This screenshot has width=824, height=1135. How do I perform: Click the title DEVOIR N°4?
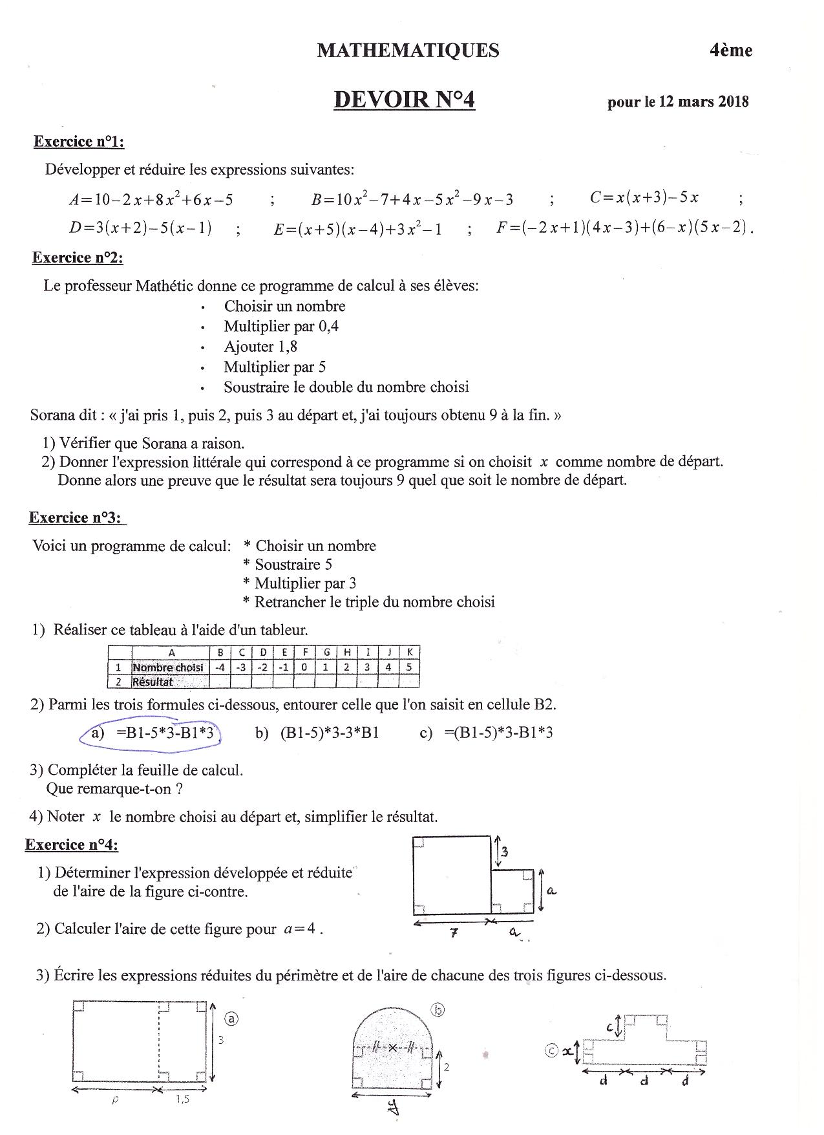(405, 100)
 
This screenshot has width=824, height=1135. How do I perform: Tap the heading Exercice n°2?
(78, 258)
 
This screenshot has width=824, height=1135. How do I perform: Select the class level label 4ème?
(731, 50)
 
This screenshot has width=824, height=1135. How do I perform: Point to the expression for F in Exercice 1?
(624, 228)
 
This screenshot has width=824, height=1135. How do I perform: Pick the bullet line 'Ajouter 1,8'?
(260, 347)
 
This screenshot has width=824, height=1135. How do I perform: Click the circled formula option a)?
(153, 733)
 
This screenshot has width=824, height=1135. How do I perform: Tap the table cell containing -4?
(220, 667)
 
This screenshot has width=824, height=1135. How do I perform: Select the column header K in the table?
(410, 652)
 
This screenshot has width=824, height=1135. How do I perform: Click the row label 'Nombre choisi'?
(167, 667)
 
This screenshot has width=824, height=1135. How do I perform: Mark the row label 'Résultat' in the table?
(153, 681)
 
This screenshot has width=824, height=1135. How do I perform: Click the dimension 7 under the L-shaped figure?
(454, 933)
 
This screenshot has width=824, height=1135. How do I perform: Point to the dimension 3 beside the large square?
(505, 852)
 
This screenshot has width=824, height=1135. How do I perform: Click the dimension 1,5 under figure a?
(182, 1099)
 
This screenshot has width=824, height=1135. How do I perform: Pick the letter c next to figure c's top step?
(610, 1026)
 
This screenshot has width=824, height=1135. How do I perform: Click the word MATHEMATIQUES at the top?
(408, 50)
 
